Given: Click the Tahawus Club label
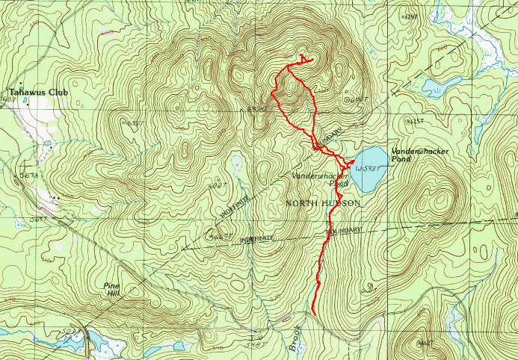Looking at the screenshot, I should [37, 93].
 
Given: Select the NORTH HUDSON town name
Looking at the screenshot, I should [322, 203].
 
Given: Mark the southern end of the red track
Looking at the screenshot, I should [313, 314].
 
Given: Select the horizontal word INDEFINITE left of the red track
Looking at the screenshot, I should [257, 238].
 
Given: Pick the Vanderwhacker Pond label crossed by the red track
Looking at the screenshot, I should [321, 178].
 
